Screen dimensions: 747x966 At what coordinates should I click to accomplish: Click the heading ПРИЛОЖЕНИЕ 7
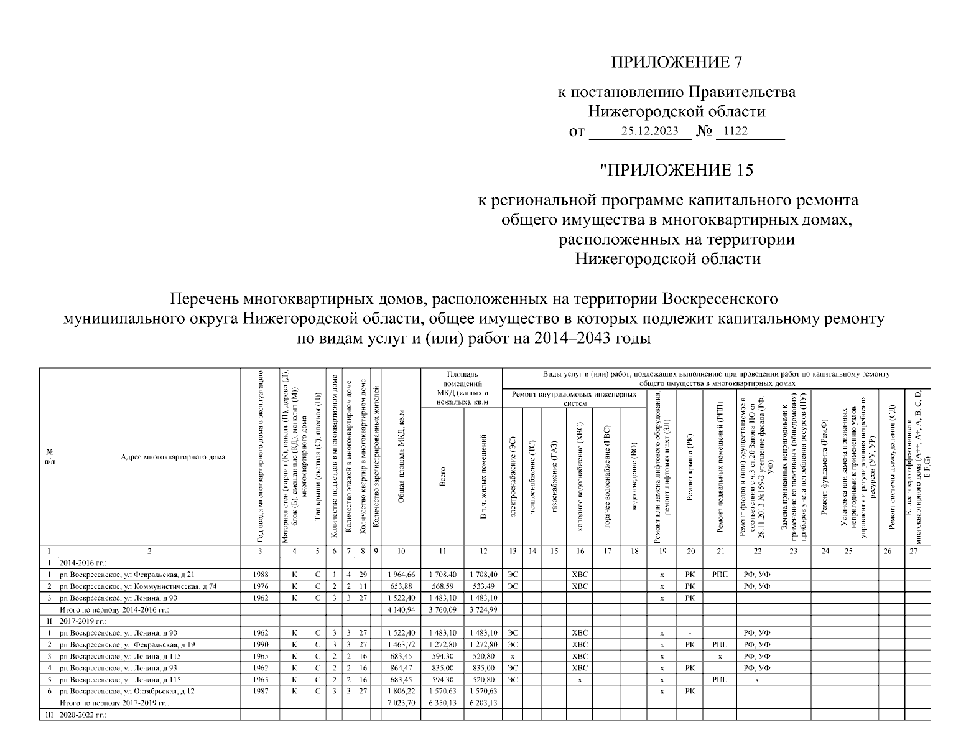677,62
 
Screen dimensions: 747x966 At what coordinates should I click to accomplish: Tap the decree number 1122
733,131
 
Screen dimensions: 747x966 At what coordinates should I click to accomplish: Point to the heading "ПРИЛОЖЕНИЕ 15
676,170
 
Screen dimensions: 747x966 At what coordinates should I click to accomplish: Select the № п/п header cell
49,457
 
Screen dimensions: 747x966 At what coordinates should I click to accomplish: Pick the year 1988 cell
260,575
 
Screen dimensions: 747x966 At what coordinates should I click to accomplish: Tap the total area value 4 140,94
401,609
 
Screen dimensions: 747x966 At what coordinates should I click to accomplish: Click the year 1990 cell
260,645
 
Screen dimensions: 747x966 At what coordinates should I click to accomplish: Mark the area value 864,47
401,668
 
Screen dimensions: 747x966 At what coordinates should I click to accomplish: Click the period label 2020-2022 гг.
83,715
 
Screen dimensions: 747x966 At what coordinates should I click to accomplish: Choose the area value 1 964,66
401,575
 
